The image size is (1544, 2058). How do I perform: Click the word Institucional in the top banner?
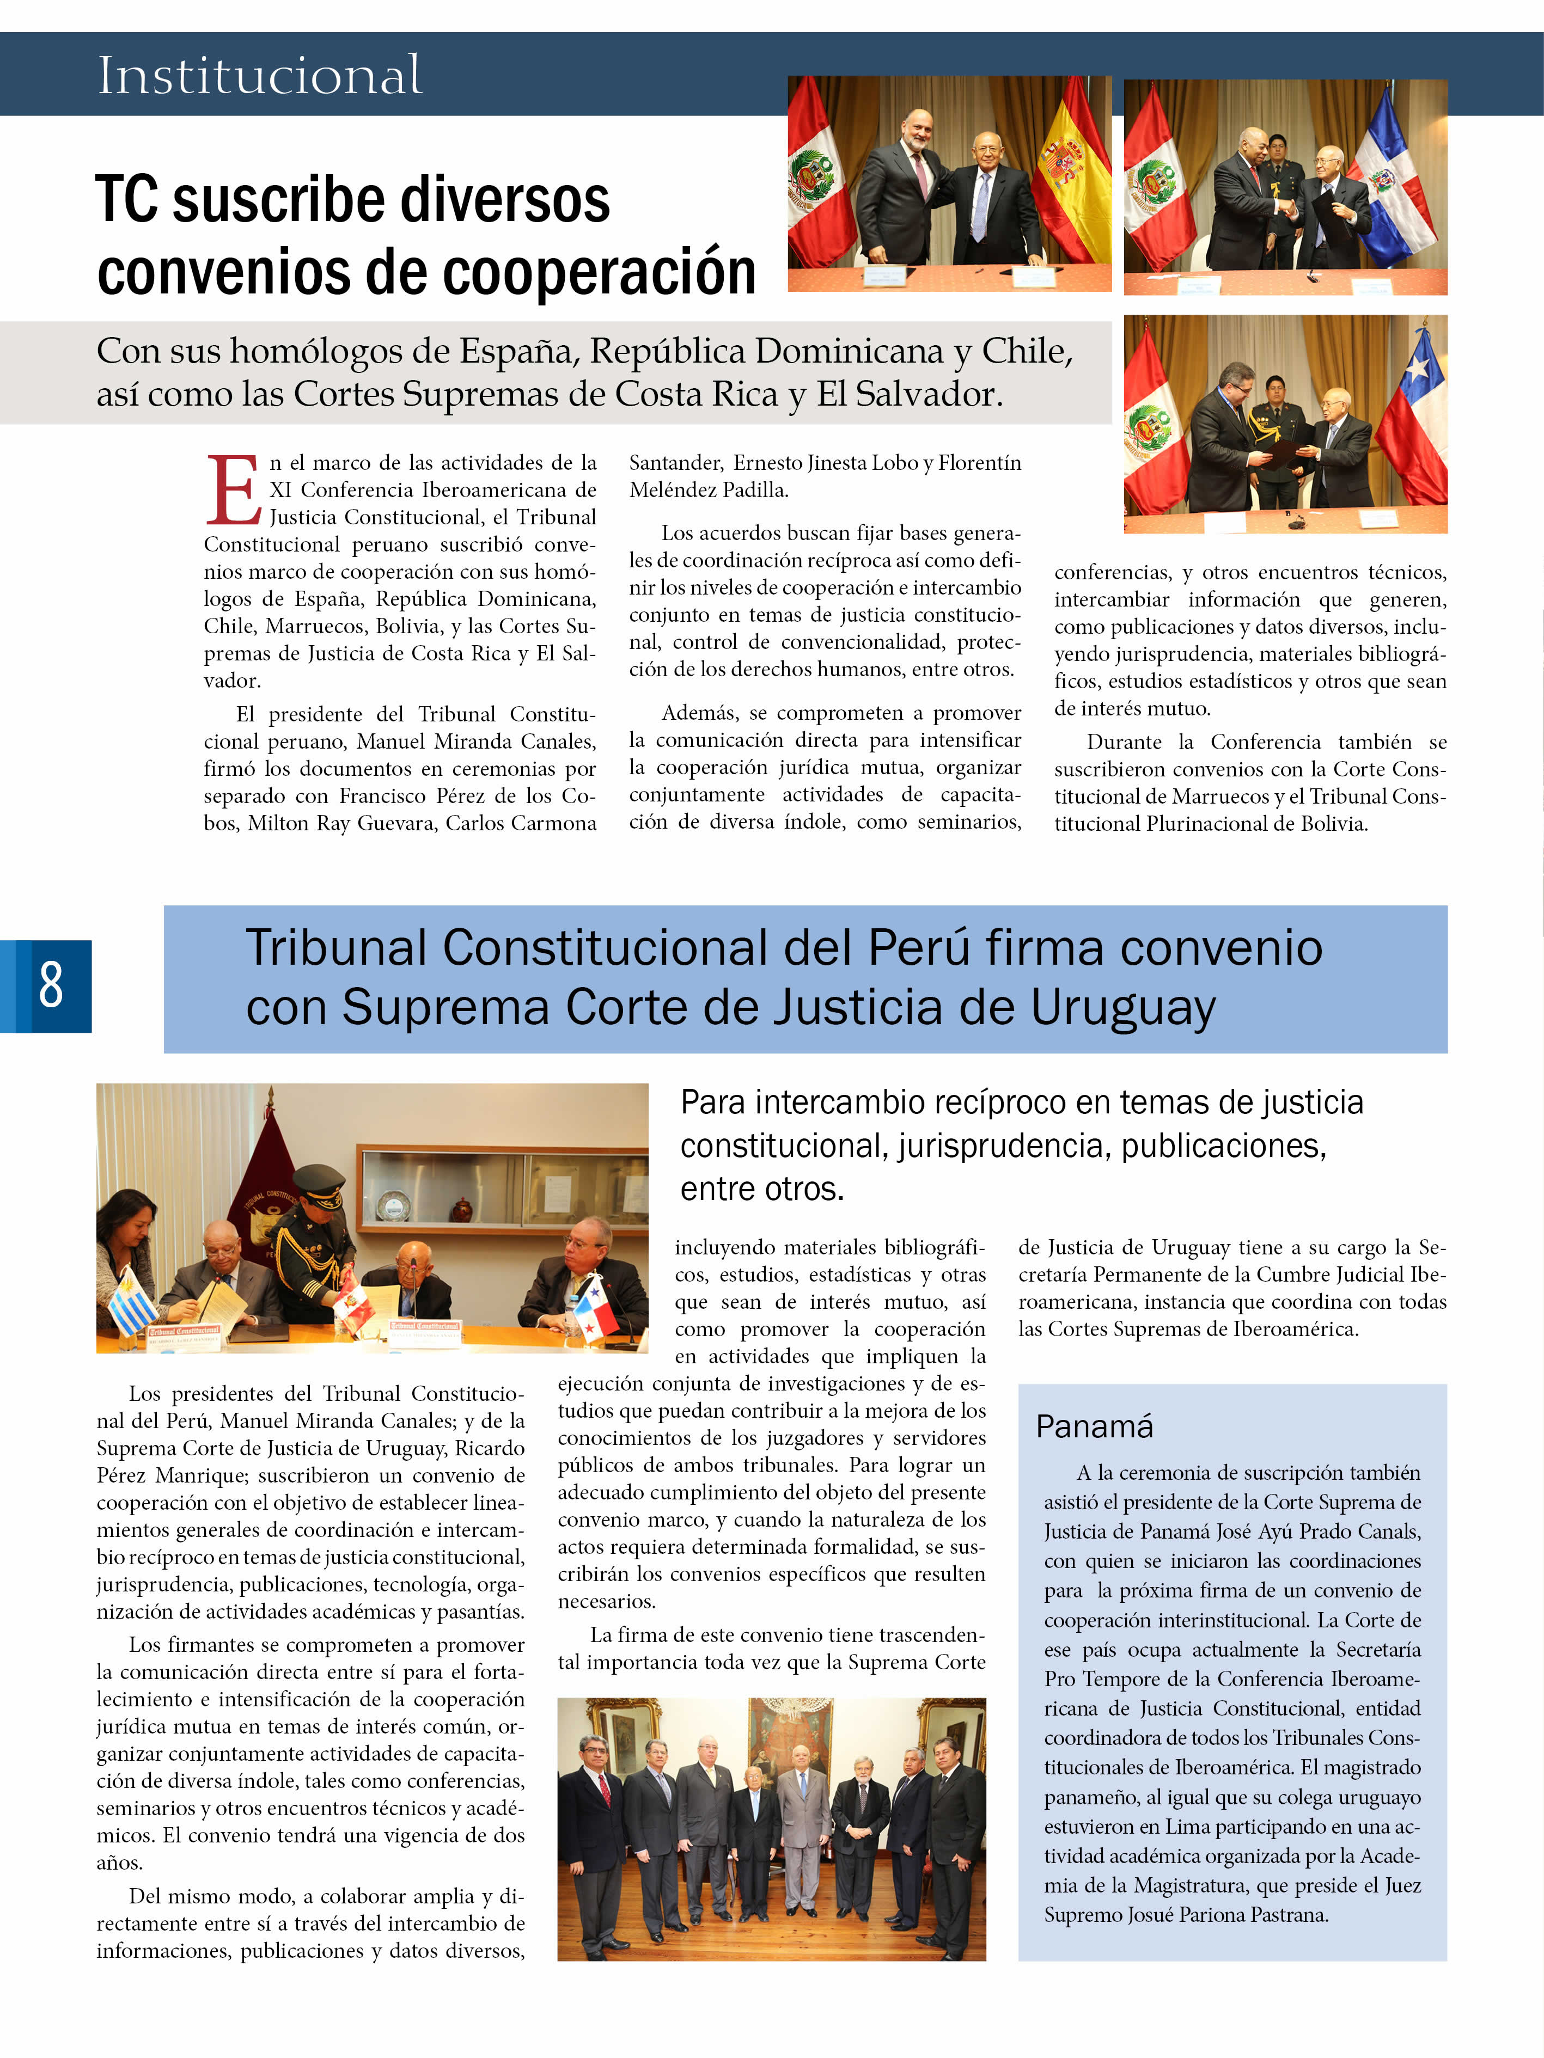(x=260, y=75)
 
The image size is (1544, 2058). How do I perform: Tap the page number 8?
(x=51, y=985)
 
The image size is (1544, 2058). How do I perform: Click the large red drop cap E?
(x=233, y=491)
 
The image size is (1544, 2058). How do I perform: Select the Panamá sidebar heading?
(x=1095, y=1426)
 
